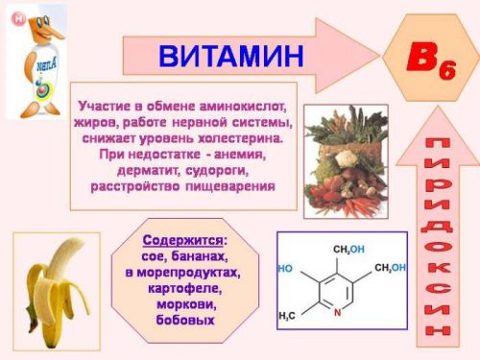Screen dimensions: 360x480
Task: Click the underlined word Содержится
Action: pos(182,240)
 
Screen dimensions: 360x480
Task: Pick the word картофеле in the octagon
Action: pos(184,287)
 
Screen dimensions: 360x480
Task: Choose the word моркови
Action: pos(184,302)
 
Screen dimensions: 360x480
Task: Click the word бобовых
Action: pos(184,318)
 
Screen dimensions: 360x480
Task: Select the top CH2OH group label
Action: pos(348,249)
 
